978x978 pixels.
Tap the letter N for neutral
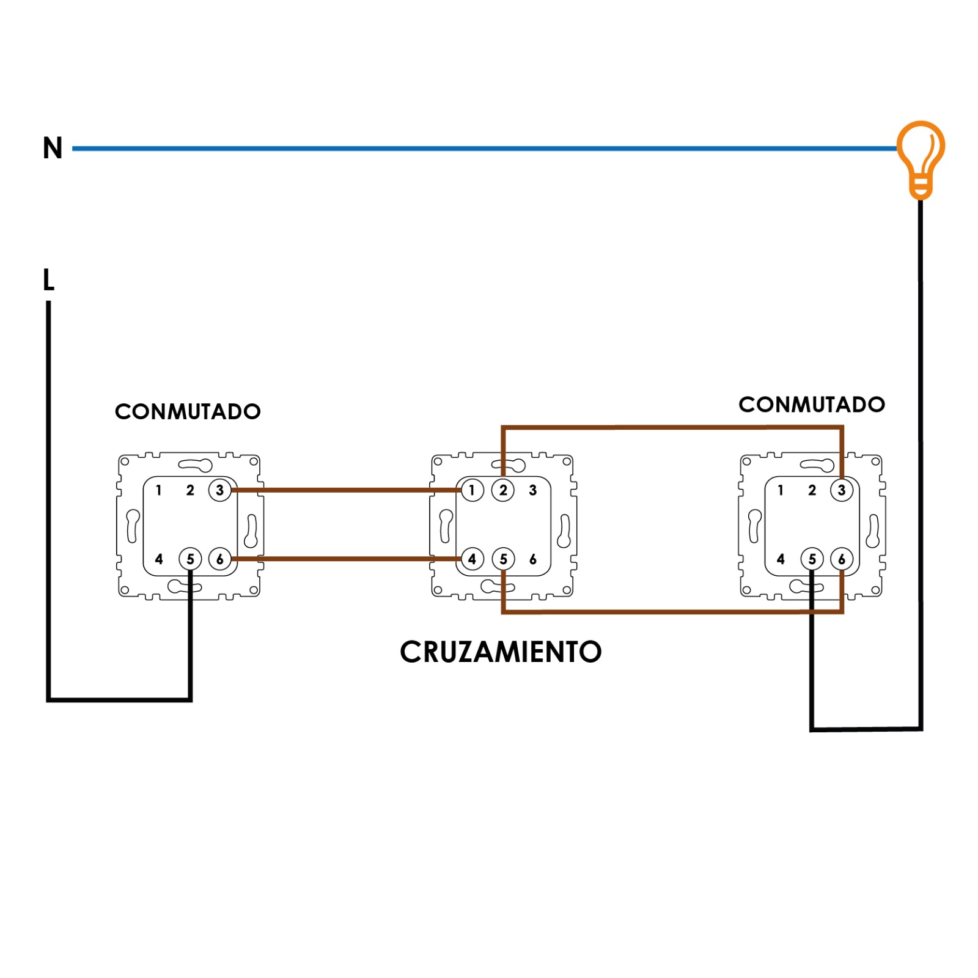(53, 148)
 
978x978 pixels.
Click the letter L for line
(49, 280)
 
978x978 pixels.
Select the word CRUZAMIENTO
(501, 652)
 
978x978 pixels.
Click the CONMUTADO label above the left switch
(188, 411)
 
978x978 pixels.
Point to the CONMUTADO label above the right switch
(812, 404)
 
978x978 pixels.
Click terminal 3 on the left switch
(220, 490)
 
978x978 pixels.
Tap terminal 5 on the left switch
(190, 559)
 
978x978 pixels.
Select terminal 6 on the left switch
(220, 559)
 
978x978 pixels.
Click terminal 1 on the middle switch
(472, 490)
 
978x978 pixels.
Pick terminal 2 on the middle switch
(503, 490)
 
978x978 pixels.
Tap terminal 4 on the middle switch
(472, 559)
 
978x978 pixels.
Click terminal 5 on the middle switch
(503, 559)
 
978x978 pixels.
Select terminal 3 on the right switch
(842, 490)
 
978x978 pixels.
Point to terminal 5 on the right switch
(812, 559)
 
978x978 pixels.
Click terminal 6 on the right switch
(842, 559)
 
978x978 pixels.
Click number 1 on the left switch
(159, 490)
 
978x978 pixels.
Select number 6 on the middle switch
(533, 559)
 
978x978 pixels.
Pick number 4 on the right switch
(781, 559)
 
